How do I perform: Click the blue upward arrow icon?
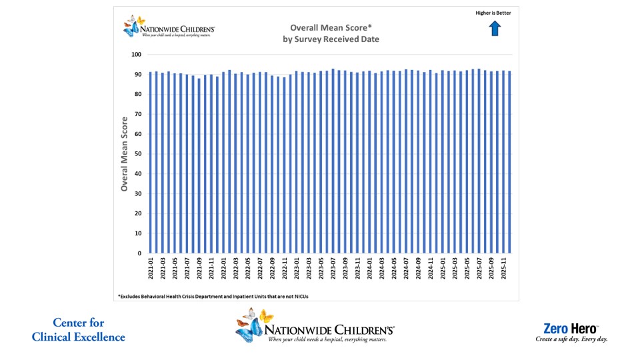coord(495,28)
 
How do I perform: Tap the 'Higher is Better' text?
coord(494,13)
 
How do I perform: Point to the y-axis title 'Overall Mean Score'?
coord(124,154)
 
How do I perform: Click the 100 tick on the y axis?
coord(137,55)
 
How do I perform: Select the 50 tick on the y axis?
coord(138,154)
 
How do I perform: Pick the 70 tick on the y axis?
coord(138,114)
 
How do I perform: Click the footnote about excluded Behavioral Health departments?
coord(213,295)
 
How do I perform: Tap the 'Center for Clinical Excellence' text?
coord(78,330)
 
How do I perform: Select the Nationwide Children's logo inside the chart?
coord(169,27)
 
